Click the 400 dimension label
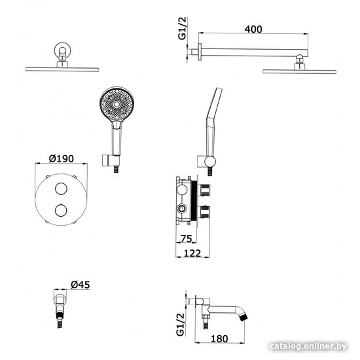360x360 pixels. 253,29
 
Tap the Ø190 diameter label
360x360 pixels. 62,158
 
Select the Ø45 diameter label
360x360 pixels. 81,285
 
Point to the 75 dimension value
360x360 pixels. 186,239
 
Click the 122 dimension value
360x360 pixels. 192,253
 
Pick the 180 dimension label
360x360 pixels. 219,338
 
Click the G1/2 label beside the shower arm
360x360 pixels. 183,28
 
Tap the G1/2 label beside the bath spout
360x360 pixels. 181,325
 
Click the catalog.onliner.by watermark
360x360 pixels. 308,346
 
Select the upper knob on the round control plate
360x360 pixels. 61,189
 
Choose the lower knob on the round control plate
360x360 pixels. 61,211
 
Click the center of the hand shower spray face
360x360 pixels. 117,105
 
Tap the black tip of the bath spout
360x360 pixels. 243,318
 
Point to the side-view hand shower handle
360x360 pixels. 211,137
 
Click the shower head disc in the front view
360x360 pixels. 62,69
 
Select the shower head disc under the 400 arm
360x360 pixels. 299,71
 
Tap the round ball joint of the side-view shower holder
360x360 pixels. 210,162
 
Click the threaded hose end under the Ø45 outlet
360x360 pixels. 60,320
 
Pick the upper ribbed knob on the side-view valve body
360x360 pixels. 206,190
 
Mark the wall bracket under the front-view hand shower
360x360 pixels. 111,160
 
